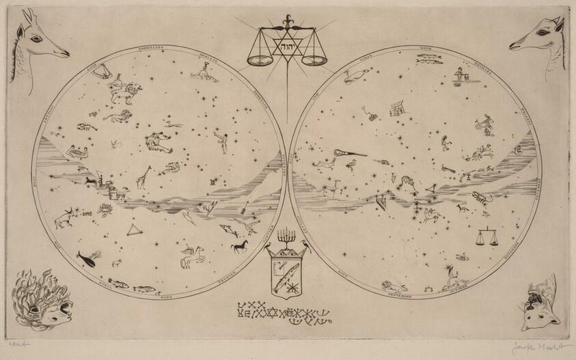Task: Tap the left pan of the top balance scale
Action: click(260, 60)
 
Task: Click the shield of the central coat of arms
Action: click(286, 272)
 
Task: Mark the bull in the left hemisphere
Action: click(69, 217)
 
